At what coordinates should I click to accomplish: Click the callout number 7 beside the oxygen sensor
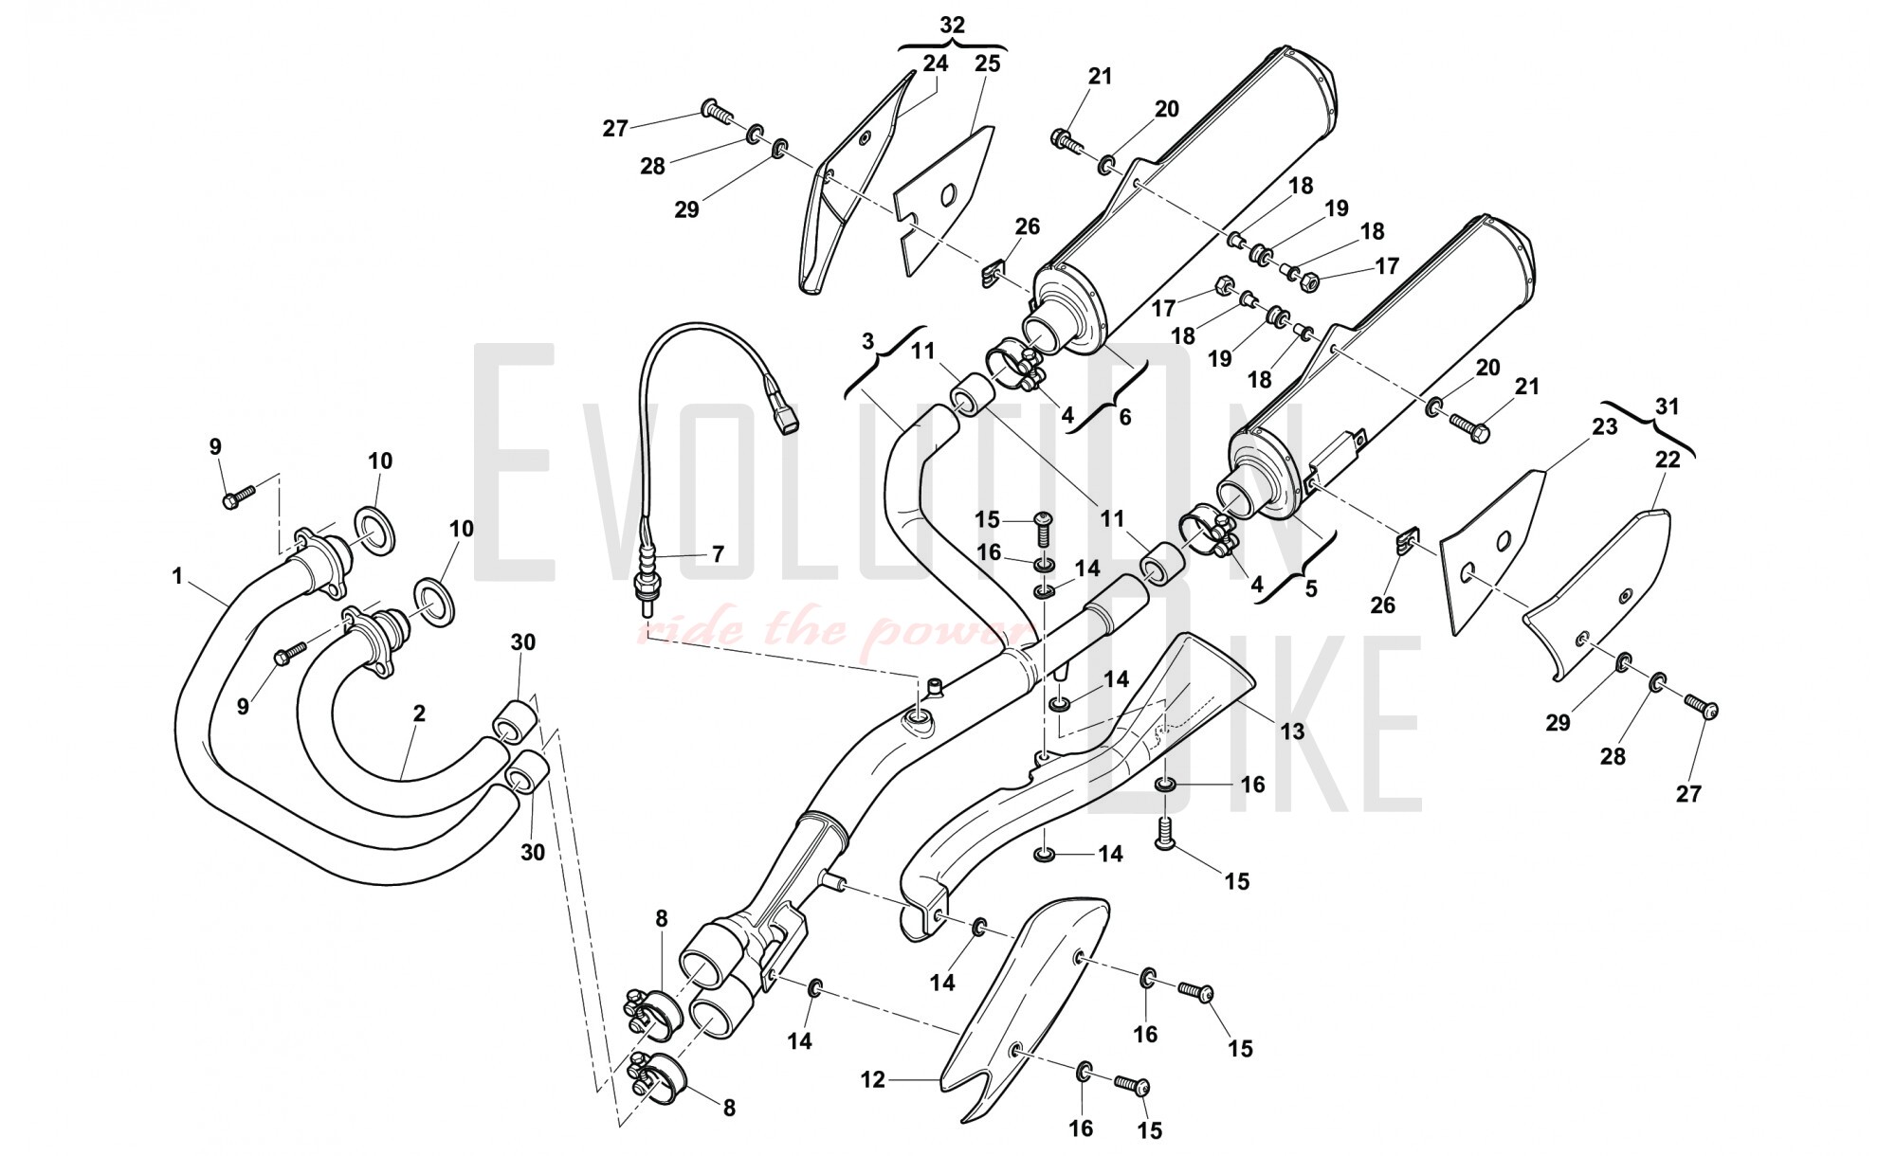coord(718,553)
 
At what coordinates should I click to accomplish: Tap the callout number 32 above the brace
coord(952,26)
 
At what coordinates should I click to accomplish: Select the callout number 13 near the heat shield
coord(1292,731)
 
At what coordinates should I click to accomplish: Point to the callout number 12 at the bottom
coord(873,1079)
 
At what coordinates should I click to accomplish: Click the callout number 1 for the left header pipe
coord(177,575)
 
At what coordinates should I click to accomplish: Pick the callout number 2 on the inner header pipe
coord(418,713)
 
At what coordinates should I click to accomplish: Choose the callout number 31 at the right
coord(1667,406)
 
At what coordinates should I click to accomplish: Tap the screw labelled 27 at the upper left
coord(717,112)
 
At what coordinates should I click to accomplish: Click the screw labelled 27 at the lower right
coord(1703,706)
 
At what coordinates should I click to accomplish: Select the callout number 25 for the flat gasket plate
coord(987,63)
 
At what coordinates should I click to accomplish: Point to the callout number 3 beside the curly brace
coord(868,340)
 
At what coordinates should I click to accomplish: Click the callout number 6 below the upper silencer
coord(1124,417)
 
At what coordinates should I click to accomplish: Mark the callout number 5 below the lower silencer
coord(1311,588)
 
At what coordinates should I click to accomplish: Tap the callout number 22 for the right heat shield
coord(1667,460)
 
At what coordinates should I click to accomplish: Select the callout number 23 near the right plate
coord(1604,426)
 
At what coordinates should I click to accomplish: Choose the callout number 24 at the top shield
coord(935,63)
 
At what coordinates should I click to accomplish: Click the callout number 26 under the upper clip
coord(1027,226)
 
